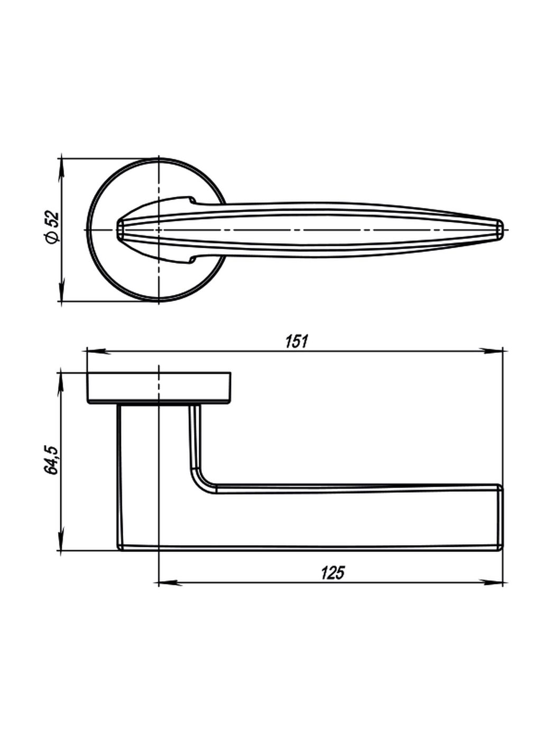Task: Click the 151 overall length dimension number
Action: pyautogui.click(x=297, y=341)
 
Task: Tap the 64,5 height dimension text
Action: pyautogui.click(x=51, y=460)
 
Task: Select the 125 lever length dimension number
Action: pyautogui.click(x=332, y=573)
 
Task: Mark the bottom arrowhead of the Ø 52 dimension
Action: pyautogui.click(x=61, y=288)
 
